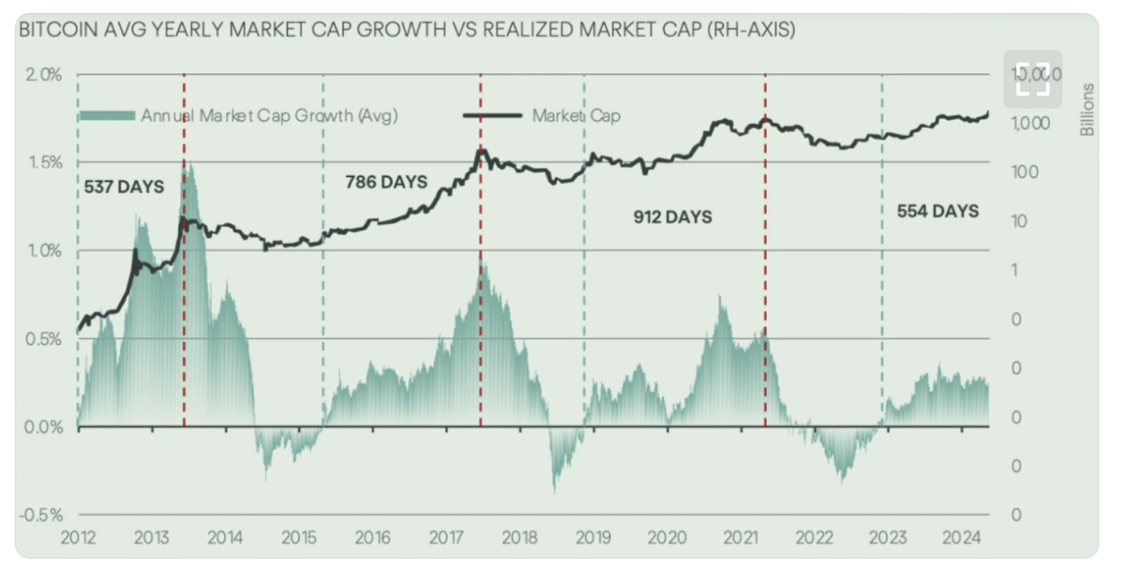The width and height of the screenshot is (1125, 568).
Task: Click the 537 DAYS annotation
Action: (x=123, y=187)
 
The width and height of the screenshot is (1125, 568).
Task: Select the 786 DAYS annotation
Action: (x=386, y=181)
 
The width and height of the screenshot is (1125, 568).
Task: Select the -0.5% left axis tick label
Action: (x=42, y=515)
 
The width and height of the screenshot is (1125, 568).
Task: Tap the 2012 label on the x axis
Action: (x=78, y=538)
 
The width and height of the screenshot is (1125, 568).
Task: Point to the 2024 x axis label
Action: (x=961, y=538)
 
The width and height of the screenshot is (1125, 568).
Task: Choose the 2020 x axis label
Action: (x=666, y=538)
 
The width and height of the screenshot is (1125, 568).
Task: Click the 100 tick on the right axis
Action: (x=1028, y=172)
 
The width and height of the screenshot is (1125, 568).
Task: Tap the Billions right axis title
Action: (x=1087, y=110)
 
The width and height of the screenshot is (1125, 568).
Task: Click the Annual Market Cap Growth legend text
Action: (x=270, y=115)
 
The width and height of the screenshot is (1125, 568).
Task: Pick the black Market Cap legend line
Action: (x=492, y=115)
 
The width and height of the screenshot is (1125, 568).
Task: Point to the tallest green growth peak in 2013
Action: (x=188, y=168)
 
